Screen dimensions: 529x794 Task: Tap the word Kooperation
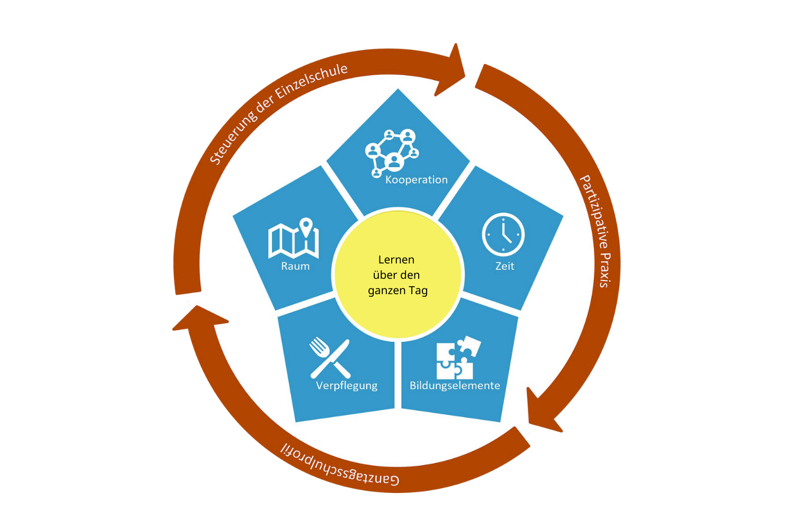pos(416,180)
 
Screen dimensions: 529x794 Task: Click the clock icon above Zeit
pos(503,234)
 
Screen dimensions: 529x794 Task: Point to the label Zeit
pos(504,266)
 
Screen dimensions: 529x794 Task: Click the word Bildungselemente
pos(455,386)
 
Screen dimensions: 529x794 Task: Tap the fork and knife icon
pos(329,358)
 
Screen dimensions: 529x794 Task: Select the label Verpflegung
pos(346,386)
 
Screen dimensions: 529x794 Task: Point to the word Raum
pos(295,266)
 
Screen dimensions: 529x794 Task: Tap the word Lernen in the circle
pos(396,260)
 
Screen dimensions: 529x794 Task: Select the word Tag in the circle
pos(418,290)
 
